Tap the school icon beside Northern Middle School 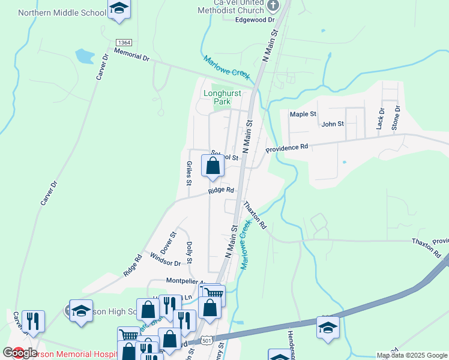click(x=119, y=9)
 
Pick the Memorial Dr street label click(x=130, y=57)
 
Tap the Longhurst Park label click(x=217, y=97)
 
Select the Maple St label click(x=303, y=114)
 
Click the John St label click(x=332, y=124)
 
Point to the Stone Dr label click(x=396, y=117)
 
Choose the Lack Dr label click(x=381, y=119)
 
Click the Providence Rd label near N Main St click(x=287, y=146)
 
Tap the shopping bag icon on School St click(x=212, y=166)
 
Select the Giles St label click(x=189, y=173)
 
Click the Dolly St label click(x=189, y=253)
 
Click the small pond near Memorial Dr click(x=84, y=56)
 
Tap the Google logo click(x=20, y=353)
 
